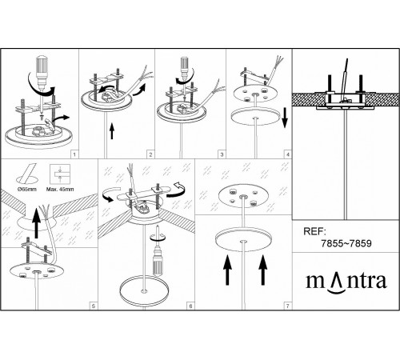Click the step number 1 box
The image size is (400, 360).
point(75,154)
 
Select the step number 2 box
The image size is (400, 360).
point(150,154)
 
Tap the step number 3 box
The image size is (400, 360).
point(222,154)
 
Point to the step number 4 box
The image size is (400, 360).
point(288,154)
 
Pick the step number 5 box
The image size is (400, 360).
point(94,306)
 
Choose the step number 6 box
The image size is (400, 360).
point(190,306)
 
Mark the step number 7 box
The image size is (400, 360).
point(288,306)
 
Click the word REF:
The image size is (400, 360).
point(314,231)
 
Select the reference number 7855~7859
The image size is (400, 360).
point(346,243)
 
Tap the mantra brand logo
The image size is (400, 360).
point(346,282)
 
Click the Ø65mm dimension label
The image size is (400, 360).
point(27,190)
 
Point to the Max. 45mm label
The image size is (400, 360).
point(60,190)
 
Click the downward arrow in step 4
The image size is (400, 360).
point(285,118)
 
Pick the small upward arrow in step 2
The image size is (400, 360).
point(112,131)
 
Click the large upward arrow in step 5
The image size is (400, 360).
point(36,223)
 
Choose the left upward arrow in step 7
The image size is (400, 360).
point(227,270)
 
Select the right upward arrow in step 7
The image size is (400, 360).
point(263,270)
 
